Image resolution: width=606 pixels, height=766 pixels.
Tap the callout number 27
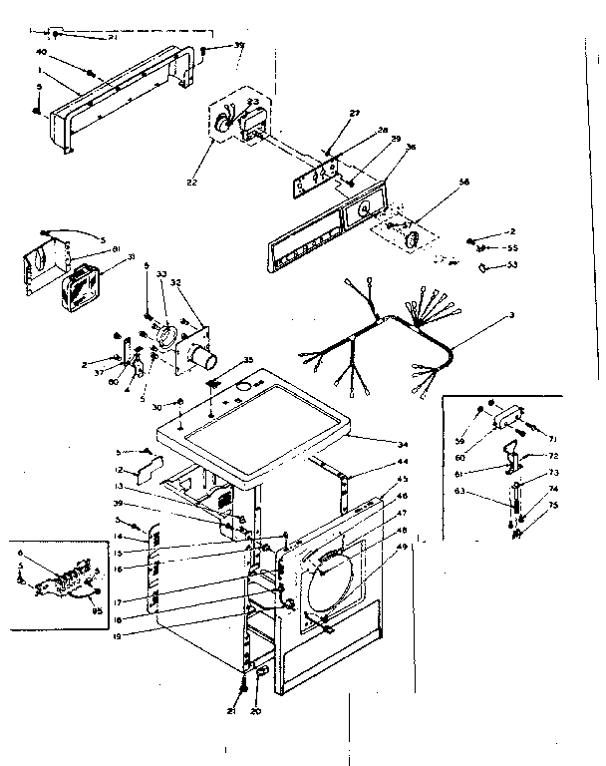353,116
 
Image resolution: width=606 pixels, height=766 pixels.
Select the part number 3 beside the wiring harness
511,316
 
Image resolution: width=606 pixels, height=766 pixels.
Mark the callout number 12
118,470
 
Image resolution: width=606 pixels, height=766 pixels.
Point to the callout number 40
42,52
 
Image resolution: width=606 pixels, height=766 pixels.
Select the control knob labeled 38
410,238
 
